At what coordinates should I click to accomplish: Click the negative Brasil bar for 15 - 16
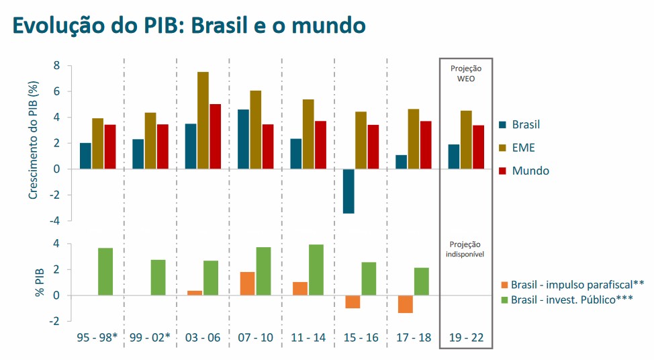pos(348,191)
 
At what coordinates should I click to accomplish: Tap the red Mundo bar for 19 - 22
pos(479,147)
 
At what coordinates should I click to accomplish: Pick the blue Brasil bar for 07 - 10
pos(243,139)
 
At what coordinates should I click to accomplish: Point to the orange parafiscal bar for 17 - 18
pos(404,304)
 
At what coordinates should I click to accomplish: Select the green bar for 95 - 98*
pos(105,271)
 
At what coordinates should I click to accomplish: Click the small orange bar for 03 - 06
pos(195,293)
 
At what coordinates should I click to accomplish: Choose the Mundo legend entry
pos(530,171)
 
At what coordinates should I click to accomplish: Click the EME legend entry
pos(523,148)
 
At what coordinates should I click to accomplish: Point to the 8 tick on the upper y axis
pos(57,66)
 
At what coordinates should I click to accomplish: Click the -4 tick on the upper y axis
pos(54,220)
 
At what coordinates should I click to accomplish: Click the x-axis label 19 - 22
pos(466,337)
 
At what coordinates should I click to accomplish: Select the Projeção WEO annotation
pos(465,73)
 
